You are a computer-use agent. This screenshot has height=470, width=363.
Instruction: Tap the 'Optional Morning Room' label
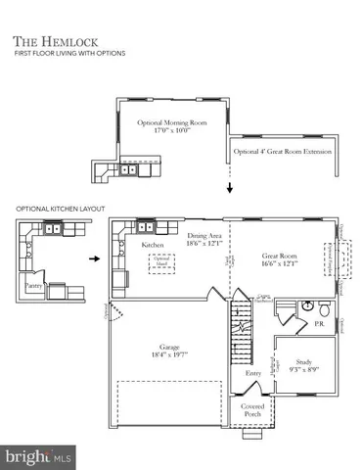(173, 128)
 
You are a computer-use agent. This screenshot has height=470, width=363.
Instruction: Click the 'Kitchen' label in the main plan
(152, 244)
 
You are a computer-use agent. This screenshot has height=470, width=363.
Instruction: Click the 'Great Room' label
(280, 258)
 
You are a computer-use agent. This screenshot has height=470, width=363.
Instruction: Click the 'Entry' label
(253, 374)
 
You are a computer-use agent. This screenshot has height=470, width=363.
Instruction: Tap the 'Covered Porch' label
(252, 411)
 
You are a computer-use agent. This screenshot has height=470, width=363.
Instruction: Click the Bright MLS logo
(38, 456)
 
